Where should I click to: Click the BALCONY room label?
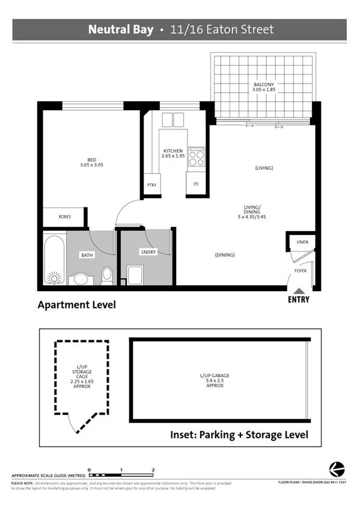[x=263, y=85]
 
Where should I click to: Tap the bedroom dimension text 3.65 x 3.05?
[x=92, y=165]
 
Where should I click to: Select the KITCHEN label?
[x=173, y=150]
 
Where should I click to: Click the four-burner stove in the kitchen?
[x=197, y=157]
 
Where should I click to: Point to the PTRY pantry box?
[x=151, y=185]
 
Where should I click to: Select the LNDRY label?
[x=148, y=252]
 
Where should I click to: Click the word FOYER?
[x=301, y=271]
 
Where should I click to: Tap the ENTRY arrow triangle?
[x=299, y=291]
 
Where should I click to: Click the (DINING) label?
[x=225, y=255]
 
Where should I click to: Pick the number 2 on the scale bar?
[x=154, y=469]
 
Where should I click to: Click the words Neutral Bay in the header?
[x=121, y=29]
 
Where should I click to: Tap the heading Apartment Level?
[x=76, y=305]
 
